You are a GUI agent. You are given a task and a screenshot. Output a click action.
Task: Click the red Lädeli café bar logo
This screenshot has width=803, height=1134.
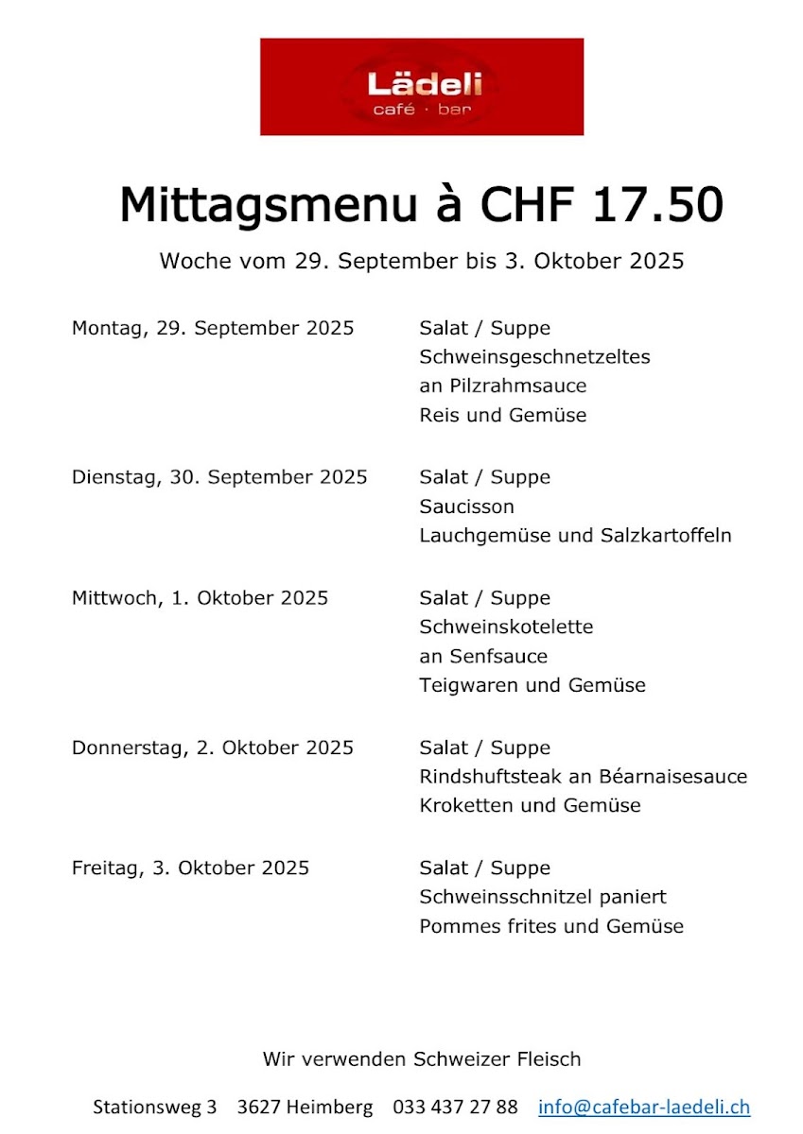[x=422, y=87]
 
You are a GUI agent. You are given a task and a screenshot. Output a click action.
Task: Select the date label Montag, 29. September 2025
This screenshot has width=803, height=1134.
[x=213, y=329]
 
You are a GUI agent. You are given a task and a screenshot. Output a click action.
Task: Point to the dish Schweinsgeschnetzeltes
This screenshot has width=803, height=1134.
[x=534, y=358]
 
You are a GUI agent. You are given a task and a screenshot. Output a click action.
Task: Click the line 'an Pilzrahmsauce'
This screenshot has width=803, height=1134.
[x=502, y=387]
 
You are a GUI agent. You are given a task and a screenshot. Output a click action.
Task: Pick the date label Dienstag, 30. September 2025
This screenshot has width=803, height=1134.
[x=219, y=477]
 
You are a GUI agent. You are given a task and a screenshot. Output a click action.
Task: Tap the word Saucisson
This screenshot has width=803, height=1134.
[x=466, y=507]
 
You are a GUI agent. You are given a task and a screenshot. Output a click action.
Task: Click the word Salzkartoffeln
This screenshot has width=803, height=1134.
[x=666, y=536]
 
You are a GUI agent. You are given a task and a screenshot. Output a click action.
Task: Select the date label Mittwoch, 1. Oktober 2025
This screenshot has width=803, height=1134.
[x=200, y=598]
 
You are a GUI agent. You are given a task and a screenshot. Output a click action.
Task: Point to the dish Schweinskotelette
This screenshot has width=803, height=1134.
[x=506, y=627]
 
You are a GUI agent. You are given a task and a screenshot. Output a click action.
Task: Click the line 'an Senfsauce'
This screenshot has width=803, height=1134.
[x=483, y=656]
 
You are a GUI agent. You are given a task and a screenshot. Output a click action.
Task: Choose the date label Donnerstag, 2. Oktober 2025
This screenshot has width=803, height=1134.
[x=213, y=747]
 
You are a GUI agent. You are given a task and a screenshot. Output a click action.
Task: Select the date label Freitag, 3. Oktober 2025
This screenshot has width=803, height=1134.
[x=190, y=868]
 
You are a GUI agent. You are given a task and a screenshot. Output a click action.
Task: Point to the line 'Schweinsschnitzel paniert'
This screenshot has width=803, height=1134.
[x=543, y=897]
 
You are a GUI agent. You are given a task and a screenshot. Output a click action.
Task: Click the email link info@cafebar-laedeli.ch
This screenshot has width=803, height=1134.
[x=644, y=1107]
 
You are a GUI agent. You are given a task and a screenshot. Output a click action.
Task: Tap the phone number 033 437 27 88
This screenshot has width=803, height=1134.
[x=455, y=1107]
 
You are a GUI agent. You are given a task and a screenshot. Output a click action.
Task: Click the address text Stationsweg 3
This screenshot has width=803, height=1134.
[x=154, y=1107]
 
